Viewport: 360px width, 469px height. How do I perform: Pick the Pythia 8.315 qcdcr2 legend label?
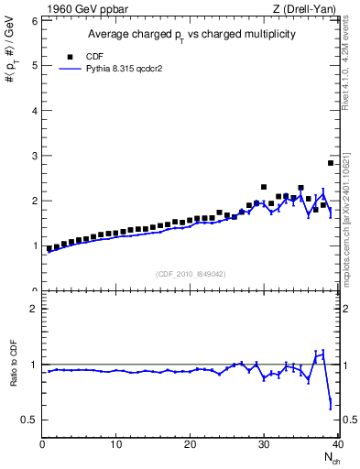click(x=120, y=68)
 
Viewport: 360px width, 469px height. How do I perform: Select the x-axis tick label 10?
click(x=115, y=445)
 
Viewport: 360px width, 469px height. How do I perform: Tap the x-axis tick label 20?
click(x=190, y=445)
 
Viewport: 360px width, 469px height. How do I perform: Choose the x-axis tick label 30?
click(x=264, y=445)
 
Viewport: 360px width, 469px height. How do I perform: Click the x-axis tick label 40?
click(x=337, y=445)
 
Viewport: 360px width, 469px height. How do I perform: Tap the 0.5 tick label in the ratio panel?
click(x=28, y=420)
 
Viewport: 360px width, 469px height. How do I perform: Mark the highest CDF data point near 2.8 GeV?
click(x=331, y=163)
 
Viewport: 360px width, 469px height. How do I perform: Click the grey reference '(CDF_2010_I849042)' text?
click(x=190, y=274)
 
